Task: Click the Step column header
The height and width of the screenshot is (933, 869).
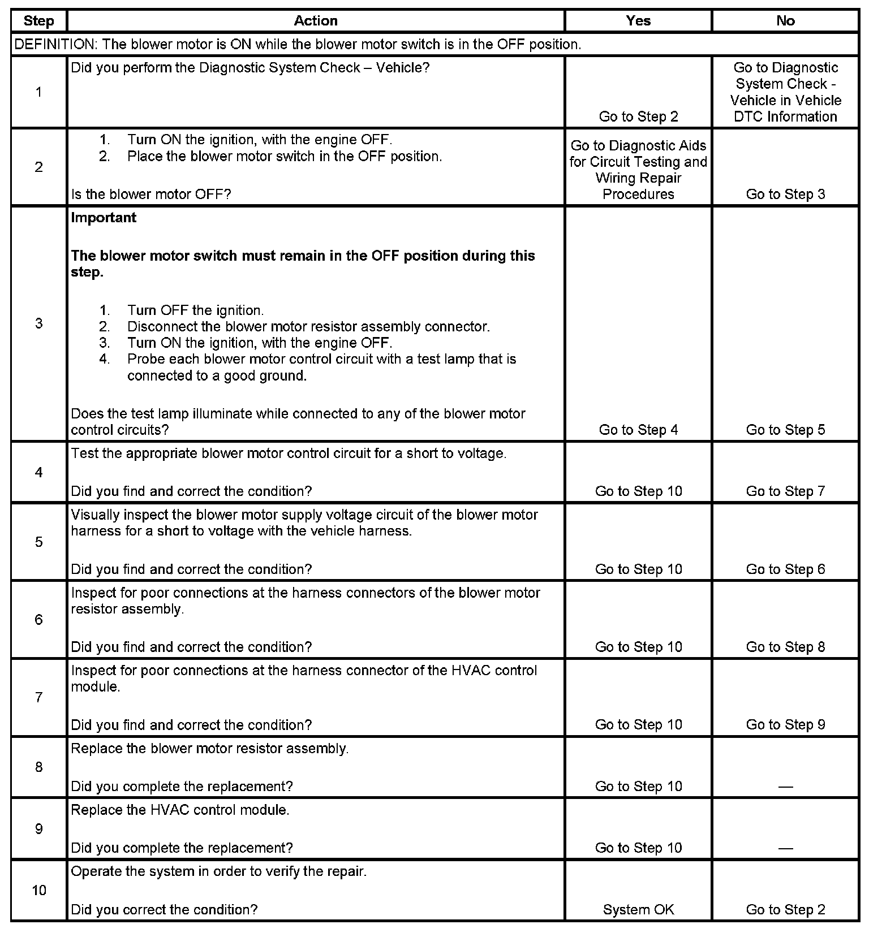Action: point(38,21)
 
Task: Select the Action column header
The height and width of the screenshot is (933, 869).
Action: point(316,21)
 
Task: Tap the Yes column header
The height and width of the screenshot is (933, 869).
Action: point(638,21)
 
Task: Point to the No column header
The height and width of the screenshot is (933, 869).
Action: point(785,21)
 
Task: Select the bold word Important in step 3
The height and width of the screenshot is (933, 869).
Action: point(104,218)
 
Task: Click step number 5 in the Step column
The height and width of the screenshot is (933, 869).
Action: point(38,542)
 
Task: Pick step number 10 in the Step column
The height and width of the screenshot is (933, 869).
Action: point(38,891)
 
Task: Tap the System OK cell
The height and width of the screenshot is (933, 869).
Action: point(638,910)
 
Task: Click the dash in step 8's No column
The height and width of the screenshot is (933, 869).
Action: point(785,787)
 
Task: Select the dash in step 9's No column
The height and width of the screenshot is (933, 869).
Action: point(785,848)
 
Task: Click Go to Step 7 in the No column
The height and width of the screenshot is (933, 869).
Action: point(785,491)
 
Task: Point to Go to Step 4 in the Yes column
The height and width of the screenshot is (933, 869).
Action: point(638,430)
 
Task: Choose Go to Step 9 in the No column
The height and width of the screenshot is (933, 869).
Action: point(785,725)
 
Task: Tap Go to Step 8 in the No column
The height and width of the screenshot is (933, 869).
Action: point(785,647)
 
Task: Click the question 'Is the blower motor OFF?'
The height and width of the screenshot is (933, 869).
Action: point(151,195)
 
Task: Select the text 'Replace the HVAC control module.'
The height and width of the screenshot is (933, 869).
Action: point(180,810)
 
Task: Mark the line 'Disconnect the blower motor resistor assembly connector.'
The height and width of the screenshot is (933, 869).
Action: point(308,327)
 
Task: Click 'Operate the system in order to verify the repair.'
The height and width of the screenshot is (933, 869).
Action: point(219,872)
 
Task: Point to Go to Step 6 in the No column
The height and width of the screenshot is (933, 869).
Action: point(785,569)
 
